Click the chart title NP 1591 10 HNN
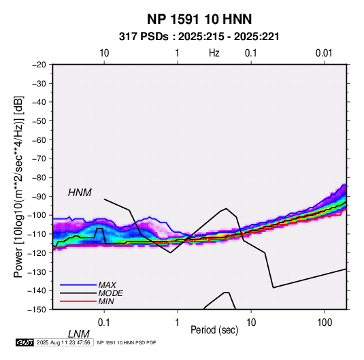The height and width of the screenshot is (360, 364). pos(199,19)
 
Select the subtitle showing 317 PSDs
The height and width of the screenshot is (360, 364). pos(199,37)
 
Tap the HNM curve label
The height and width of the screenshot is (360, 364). pos(80,193)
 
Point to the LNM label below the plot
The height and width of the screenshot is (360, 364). pos(79,334)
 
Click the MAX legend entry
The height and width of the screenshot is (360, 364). pos(107,284)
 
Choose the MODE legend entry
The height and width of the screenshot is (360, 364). pos(110,293)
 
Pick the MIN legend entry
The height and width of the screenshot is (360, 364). pos(106,301)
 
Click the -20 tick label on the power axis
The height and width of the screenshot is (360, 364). pos(39,65)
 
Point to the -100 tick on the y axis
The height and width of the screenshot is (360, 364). pos(37,215)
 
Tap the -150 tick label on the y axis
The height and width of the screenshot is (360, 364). pos(37,310)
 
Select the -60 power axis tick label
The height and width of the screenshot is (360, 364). pos(39,140)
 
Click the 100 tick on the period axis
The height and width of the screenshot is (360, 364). pos(325,323)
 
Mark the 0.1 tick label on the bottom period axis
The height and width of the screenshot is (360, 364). pos(104,323)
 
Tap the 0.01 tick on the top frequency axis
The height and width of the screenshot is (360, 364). pos(324,53)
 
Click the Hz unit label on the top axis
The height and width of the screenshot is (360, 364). pos(214,53)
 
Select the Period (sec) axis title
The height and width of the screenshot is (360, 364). pos(214,330)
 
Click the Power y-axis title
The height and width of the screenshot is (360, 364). pos(18,186)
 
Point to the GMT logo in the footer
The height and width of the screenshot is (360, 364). pos(24,342)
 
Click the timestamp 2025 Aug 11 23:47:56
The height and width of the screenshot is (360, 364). pos(63,342)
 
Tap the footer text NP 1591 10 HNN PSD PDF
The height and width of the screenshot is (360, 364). pos(127,342)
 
